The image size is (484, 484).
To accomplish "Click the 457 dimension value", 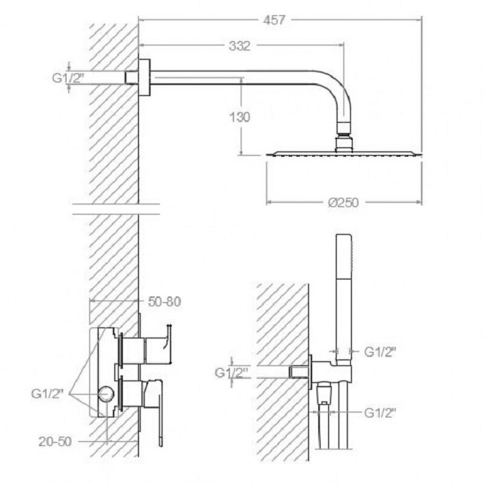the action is [x=274, y=21].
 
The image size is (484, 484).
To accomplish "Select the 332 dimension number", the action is [x=239, y=46].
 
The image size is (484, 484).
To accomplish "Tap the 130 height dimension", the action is [x=240, y=117].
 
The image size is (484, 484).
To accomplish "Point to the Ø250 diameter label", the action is [x=343, y=203].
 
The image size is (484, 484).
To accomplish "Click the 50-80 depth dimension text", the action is [x=165, y=302].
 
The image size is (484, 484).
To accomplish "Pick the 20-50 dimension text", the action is [x=55, y=442].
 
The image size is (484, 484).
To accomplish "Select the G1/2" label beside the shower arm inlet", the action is [x=68, y=78].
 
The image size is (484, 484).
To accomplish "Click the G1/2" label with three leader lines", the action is [x=47, y=394].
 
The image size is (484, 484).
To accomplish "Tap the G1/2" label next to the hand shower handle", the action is [x=380, y=352].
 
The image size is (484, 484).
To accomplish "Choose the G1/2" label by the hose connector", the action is [x=380, y=413].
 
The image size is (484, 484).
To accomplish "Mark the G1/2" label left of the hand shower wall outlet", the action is [x=231, y=373].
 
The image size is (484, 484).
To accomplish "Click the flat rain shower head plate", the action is [x=344, y=154].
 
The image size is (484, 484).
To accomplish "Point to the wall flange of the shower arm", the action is [x=144, y=77].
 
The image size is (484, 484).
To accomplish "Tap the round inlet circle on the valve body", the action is [x=106, y=394].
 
